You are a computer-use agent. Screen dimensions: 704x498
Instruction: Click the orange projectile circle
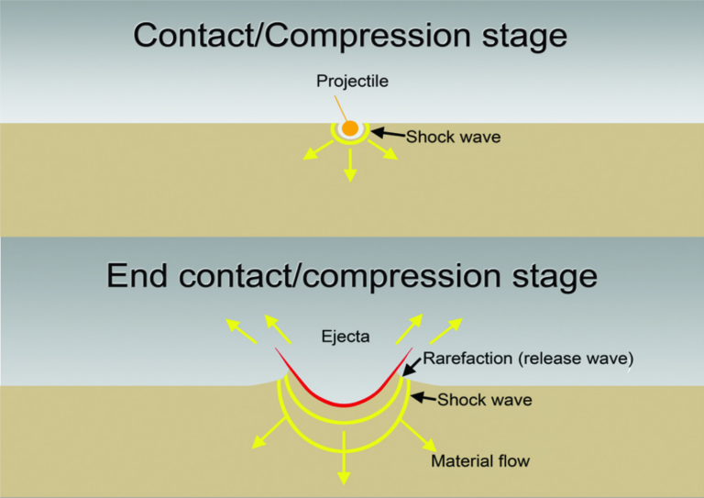350,128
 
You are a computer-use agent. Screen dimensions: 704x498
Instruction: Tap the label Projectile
352,82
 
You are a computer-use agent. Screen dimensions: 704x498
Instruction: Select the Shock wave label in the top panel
454,137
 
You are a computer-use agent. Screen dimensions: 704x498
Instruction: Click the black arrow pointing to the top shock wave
389,133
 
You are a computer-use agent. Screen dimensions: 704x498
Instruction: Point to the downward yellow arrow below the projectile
350,165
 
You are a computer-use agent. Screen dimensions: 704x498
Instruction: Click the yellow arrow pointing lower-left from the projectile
318,150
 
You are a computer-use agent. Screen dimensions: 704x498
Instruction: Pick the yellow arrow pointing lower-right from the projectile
383,150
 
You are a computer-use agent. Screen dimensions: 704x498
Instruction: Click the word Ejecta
346,337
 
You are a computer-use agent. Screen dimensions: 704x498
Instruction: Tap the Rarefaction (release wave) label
528,359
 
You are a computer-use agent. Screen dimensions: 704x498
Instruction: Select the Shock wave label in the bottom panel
485,400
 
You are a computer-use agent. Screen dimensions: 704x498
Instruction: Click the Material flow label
480,461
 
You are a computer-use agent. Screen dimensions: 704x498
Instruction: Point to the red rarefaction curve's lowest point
344,405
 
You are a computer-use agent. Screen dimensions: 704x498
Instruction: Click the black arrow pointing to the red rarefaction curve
412,367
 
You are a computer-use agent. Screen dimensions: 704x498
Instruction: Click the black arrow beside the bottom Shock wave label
423,397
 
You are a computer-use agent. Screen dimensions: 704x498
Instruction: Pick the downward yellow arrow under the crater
344,458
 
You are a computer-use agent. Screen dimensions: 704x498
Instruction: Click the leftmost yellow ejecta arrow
241,331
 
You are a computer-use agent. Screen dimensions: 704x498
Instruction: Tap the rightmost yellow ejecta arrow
445,331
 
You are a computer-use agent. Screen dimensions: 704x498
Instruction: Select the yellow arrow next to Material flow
418,436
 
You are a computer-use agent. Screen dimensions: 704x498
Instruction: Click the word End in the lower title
137,275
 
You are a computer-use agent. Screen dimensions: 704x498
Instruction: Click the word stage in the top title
524,36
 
